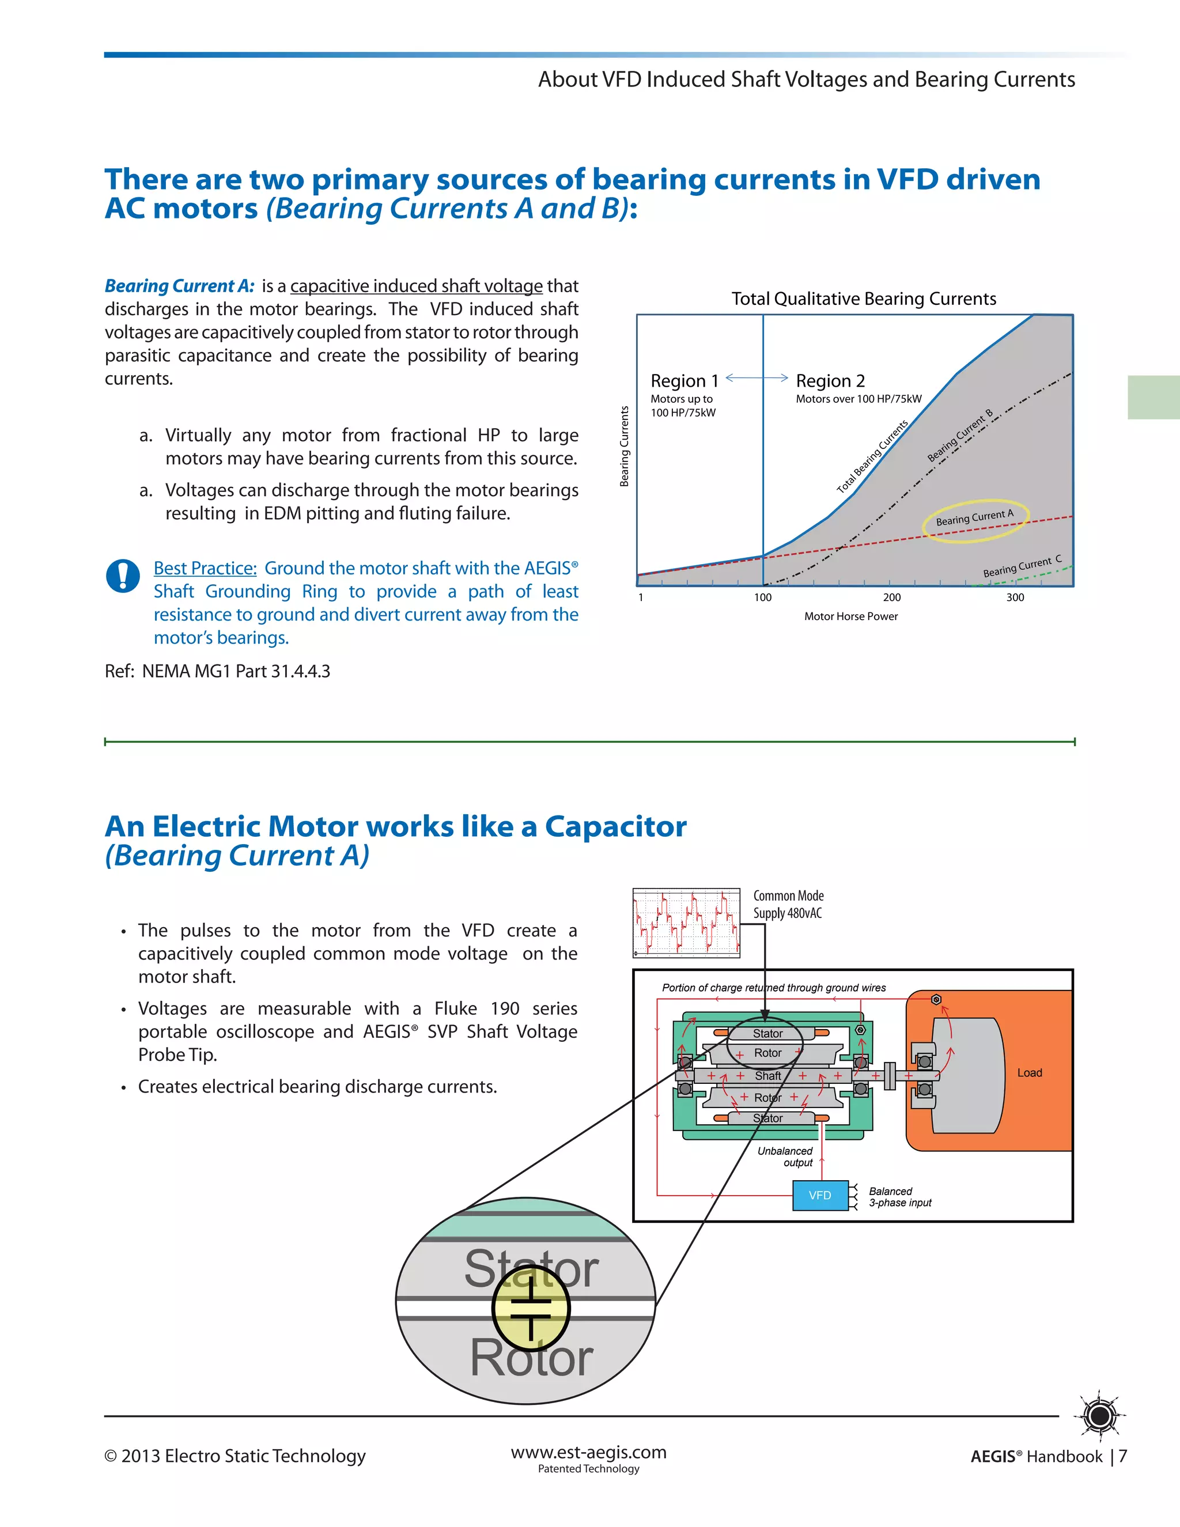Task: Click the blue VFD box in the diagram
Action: [820, 1196]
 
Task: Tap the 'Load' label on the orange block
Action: [1029, 1072]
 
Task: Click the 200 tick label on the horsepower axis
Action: [891, 598]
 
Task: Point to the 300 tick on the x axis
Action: [1015, 598]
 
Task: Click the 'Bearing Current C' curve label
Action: [1022, 567]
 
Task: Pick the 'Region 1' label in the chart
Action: [684, 381]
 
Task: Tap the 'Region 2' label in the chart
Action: [830, 381]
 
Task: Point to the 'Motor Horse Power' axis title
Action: [851, 617]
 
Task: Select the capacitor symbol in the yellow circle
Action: [531, 1309]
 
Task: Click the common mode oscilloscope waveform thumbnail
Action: [686, 923]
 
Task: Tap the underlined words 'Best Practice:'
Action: [205, 568]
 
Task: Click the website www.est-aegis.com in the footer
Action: [589, 1452]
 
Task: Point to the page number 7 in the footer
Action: [1123, 1456]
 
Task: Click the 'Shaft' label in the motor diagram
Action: [767, 1076]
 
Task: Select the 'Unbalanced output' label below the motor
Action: [786, 1156]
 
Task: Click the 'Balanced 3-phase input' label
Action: [899, 1197]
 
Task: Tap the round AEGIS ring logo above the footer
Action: [1100, 1416]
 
